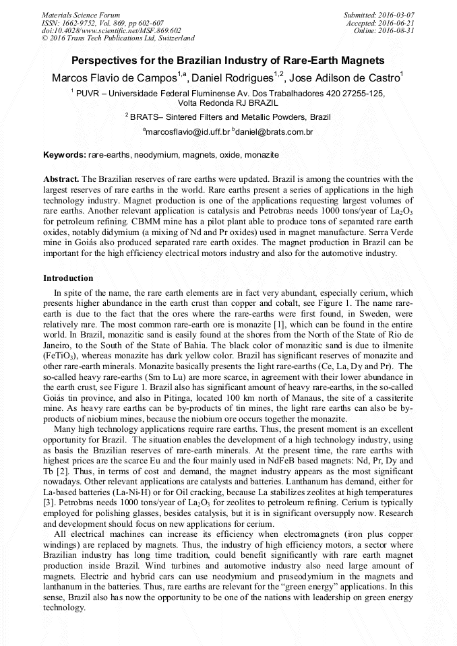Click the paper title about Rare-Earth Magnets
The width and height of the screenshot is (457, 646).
[228, 60]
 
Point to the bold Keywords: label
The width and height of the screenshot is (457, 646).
[65, 155]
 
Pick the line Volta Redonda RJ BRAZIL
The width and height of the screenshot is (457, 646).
[228, 103]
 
